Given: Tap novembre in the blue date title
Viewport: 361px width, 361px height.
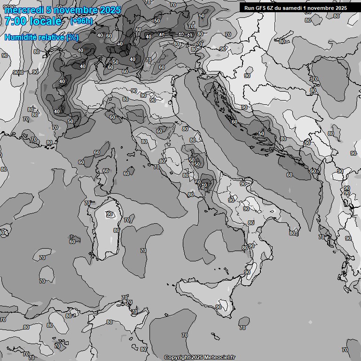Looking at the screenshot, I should (x=75, y=10).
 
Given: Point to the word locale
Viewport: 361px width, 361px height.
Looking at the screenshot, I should (x=45, y=21).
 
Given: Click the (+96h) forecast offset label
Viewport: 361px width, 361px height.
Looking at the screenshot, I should (x=81, y=21).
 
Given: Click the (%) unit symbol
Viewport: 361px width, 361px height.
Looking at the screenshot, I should (x=72, y=37).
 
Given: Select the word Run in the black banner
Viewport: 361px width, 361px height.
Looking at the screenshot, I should (x=249, y=8).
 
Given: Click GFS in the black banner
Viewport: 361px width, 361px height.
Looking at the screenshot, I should (x=261, y=8).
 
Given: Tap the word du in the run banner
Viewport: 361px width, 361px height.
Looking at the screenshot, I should (x=281, y=8).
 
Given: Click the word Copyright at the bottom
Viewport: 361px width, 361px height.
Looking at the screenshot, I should (x=177, y=357).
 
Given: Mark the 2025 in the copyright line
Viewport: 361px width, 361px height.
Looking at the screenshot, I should (x=197, y=357).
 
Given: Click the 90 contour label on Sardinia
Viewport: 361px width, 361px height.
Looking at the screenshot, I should (x=110, y=214).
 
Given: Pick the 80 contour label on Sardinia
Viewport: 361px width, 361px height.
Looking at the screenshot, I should (x=116, y=230).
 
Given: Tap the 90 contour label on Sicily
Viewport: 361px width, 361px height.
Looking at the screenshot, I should (x=219, y=307).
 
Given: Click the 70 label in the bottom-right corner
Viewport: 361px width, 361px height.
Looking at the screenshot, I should (x=345, y=350).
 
